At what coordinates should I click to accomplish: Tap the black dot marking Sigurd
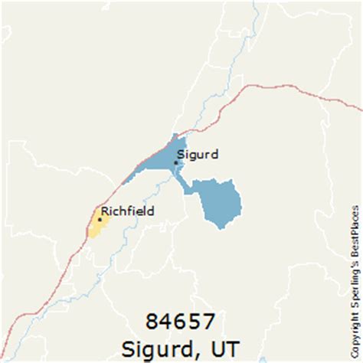[x=176, y=162]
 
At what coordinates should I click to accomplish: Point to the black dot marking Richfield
[x=100, y=219]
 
